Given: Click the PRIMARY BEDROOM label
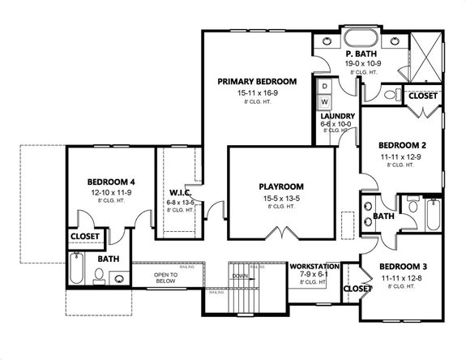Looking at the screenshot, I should [257, 82].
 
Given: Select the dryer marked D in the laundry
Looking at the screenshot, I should [326, 86].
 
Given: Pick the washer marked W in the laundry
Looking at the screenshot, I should [326, 101].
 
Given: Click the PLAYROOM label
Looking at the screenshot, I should [281, 185].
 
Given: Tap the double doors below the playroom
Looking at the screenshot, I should [281, 234].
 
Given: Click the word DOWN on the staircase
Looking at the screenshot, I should [241, 276].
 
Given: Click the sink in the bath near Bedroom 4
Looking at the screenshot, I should [119, 278].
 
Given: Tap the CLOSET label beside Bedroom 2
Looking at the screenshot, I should [421, 96].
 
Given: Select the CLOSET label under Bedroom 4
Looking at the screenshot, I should [85, 237].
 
